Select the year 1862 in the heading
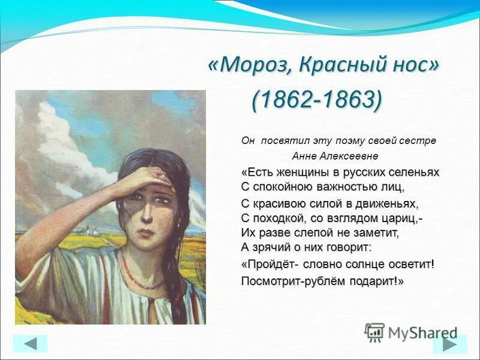[285, 100]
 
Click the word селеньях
[413, 173]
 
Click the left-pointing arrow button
[30, 343]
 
